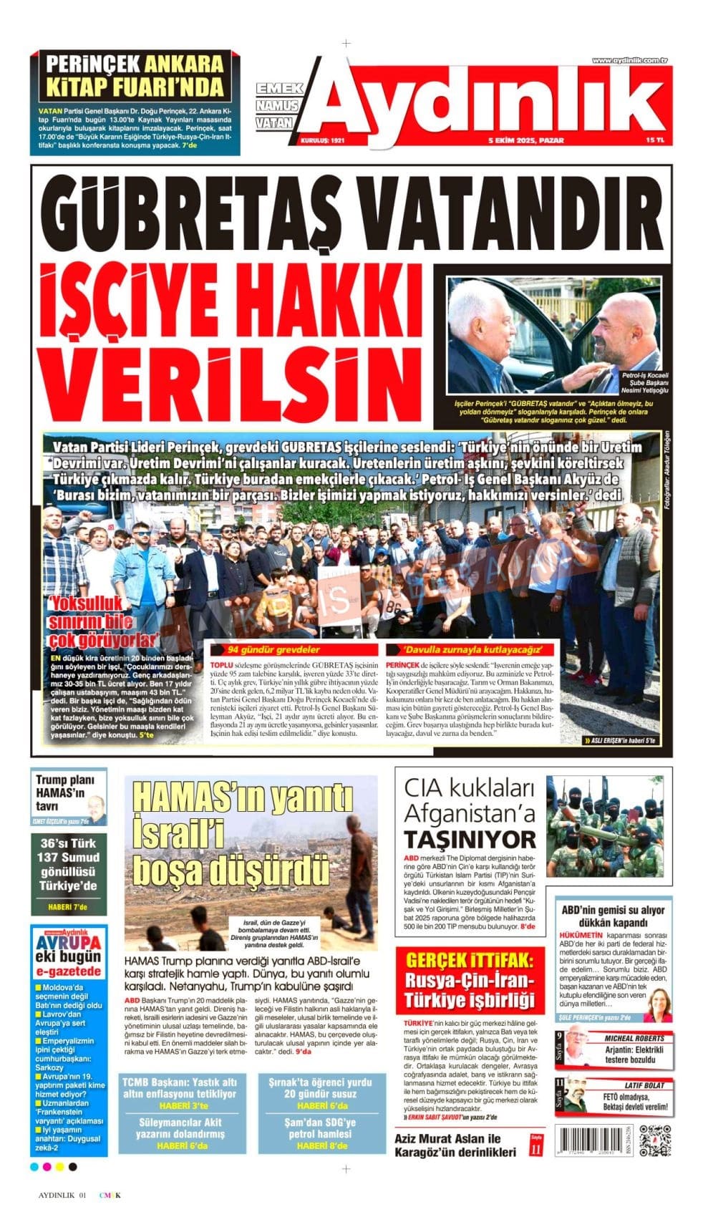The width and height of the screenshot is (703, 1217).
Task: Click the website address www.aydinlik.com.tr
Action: pyautogui.click(x=629, y=60)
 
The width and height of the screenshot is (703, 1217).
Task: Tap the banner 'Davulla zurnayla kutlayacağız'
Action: pyautogui.click(x=470, y=650)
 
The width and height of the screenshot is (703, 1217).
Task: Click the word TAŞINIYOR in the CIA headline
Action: pyautogui.click(x=470, y=839)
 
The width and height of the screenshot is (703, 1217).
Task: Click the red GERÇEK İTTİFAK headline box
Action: pyautogui.click(x=470, y=980)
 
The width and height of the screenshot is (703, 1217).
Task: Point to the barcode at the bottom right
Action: pyautogui.click(x=593, y=1140)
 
